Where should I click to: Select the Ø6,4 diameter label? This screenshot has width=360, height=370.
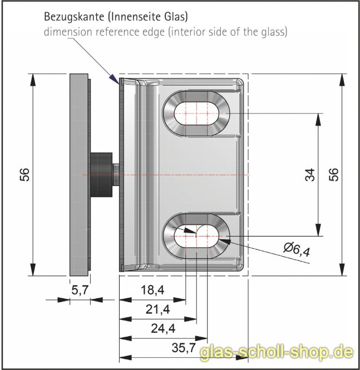296,250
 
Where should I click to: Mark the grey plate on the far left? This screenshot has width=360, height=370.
79,175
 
